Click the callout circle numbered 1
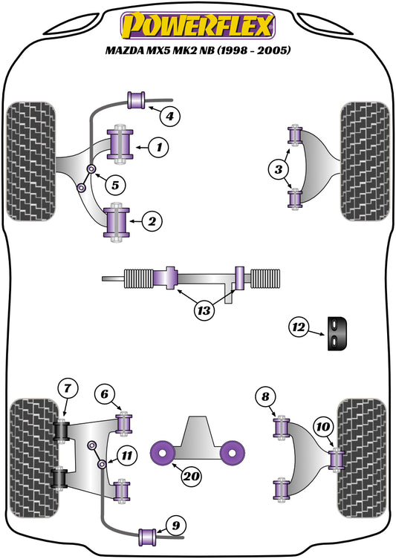158,148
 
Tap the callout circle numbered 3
278,170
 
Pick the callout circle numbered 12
299,326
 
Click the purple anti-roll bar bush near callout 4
137,97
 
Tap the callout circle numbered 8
265,396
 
